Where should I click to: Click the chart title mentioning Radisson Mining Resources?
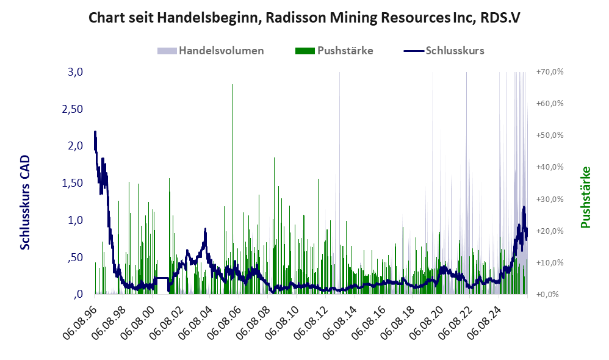click(x=304, y=18)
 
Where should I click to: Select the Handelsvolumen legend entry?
click(x=211, y=51)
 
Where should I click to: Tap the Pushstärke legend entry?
click(x=334, y=51)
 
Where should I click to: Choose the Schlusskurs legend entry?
click(x=444, y=51)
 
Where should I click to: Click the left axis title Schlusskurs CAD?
click(x=25, y=202)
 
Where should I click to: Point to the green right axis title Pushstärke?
click(x=585, y=197)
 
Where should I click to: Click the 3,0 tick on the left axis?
click(x=75, y=72)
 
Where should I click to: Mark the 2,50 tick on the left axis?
click(x=72, y=109)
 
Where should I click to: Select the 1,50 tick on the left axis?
click(x=72, y=183)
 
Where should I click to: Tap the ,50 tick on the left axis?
click(x=75, y=257)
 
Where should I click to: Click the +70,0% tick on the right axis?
click(x=550, y=72)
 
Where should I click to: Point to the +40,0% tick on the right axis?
click(x=550, y=167)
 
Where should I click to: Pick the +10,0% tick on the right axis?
click(x=550, y=262)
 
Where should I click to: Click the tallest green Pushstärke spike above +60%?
click(x=232, y=84)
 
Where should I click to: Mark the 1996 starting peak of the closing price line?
click(x=95, y=132)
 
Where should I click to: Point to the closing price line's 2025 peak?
click(x=524, y=207)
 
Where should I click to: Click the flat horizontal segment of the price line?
click(x=162, y=278)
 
